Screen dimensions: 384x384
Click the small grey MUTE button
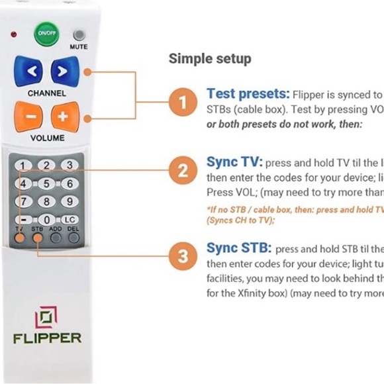tap(79, 35)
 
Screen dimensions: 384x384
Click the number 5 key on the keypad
tap(46, 183)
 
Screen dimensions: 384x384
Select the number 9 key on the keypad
tap(67, 201)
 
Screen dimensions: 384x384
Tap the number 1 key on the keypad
tap(24, 166)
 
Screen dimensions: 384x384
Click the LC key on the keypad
tap(68, 219)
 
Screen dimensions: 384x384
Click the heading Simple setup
tap(210, 58)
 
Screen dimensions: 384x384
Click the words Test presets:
tap(248, 94)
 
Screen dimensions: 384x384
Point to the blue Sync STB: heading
tap(238, 248)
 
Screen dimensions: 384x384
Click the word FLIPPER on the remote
tap(47, 338)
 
